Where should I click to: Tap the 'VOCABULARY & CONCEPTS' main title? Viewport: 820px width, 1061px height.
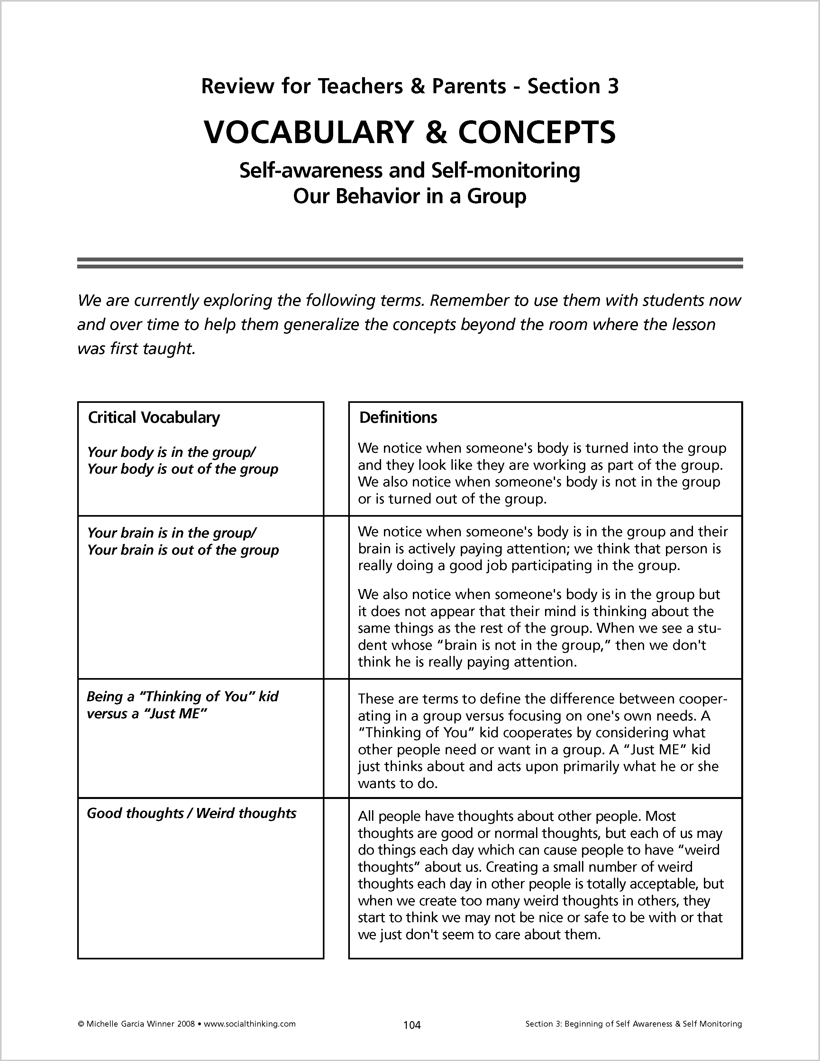click(409, 132)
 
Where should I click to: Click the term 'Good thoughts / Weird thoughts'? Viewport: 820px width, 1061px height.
click(191, 813)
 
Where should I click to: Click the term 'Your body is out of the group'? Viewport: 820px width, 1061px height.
click(183, 469)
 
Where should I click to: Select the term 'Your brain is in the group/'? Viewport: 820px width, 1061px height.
click(171, 533)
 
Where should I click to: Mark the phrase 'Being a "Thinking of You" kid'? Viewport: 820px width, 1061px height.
click(182, 697)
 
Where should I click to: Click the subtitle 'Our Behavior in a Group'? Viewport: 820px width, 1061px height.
click(409, 196)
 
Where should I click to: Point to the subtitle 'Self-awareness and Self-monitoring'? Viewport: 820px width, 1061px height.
click(409, 170)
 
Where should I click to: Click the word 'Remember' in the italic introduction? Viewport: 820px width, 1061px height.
click(469, 301)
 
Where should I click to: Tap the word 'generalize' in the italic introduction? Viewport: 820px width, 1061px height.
click(321, 324)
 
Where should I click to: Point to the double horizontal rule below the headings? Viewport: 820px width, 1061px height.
click(409, 263)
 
